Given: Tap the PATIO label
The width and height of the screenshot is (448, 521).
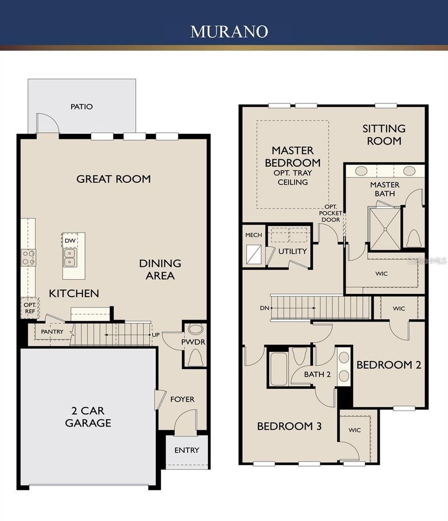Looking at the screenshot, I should tap(82, 106).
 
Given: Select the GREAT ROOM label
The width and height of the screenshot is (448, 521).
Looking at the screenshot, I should tap(113, 178).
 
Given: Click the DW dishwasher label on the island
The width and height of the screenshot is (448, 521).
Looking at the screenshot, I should tap(70, 241).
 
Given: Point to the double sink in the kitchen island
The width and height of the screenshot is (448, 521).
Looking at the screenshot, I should tap(69, 257).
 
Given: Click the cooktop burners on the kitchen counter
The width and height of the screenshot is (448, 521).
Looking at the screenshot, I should tap(29, 257).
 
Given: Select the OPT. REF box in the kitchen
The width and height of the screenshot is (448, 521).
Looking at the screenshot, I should tap(30, 308).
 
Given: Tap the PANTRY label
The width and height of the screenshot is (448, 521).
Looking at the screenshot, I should tap(52, 332).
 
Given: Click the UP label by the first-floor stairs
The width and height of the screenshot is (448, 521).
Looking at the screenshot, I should tap(156, 335).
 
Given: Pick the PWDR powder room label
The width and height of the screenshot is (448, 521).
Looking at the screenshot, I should tap(193, 342).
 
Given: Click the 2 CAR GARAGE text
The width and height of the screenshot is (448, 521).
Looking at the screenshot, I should tap(88, 417).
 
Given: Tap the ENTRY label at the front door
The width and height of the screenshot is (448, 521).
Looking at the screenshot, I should tap(187, 450).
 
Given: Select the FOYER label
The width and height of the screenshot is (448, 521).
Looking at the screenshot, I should tap(182, 399).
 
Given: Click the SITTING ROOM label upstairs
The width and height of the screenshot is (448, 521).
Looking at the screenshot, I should tap(384, 134).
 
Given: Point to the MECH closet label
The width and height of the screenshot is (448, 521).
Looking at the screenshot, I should tap(254, 235).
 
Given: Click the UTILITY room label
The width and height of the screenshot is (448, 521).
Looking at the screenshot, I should tap(292, 251).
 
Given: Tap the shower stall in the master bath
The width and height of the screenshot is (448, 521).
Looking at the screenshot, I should tap(385, 228).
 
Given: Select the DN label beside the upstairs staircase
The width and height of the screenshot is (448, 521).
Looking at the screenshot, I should tap(264, 308).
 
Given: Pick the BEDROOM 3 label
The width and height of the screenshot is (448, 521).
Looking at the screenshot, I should tap(289, 426).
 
